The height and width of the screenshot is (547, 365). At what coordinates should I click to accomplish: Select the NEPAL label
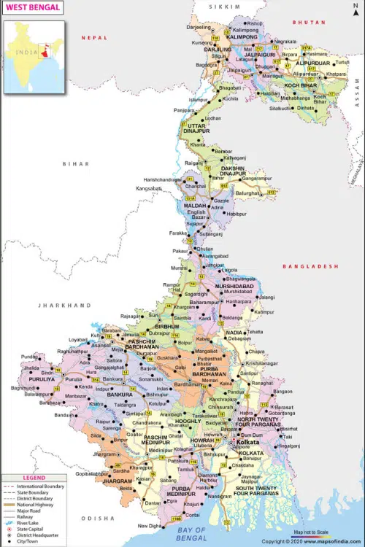tap(94, 37)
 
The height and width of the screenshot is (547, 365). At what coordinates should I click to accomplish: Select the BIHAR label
tap(74, 164)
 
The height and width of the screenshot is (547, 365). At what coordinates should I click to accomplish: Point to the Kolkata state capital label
tap(242, 443)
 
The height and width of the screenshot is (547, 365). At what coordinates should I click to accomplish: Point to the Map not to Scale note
tap(312, 532)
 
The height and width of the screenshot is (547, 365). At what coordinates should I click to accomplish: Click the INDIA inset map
tap(34, 57)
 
